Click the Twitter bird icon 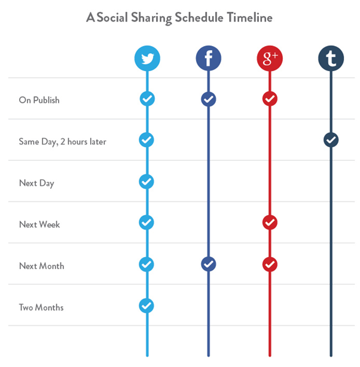tap(147, 59)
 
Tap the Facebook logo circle tap(208, 59)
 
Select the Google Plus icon tap(269, 59)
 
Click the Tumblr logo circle tap(331, 59)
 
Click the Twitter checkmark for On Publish tap(147, 99)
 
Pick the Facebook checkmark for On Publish tap(208, 99)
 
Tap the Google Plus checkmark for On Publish tap(269, 99)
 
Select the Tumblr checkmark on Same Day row tap(331, 140)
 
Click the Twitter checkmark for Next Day tap(147, 181)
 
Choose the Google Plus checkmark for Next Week tap(269, 222)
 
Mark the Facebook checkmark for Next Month tap(208, 264)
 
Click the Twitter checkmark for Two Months tap(147, 305)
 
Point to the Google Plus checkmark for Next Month tap(269, 264)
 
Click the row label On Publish tap(39, 100)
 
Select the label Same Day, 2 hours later tap(62, 142)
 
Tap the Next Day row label tap(36, 183)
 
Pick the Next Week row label tap(39, 225)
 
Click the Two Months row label tap(41, 308)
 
